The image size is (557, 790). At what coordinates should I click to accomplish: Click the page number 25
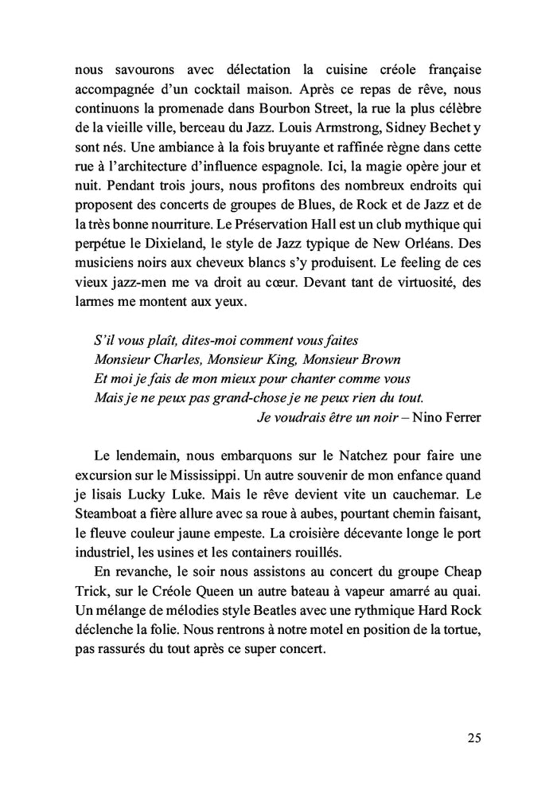473,737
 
